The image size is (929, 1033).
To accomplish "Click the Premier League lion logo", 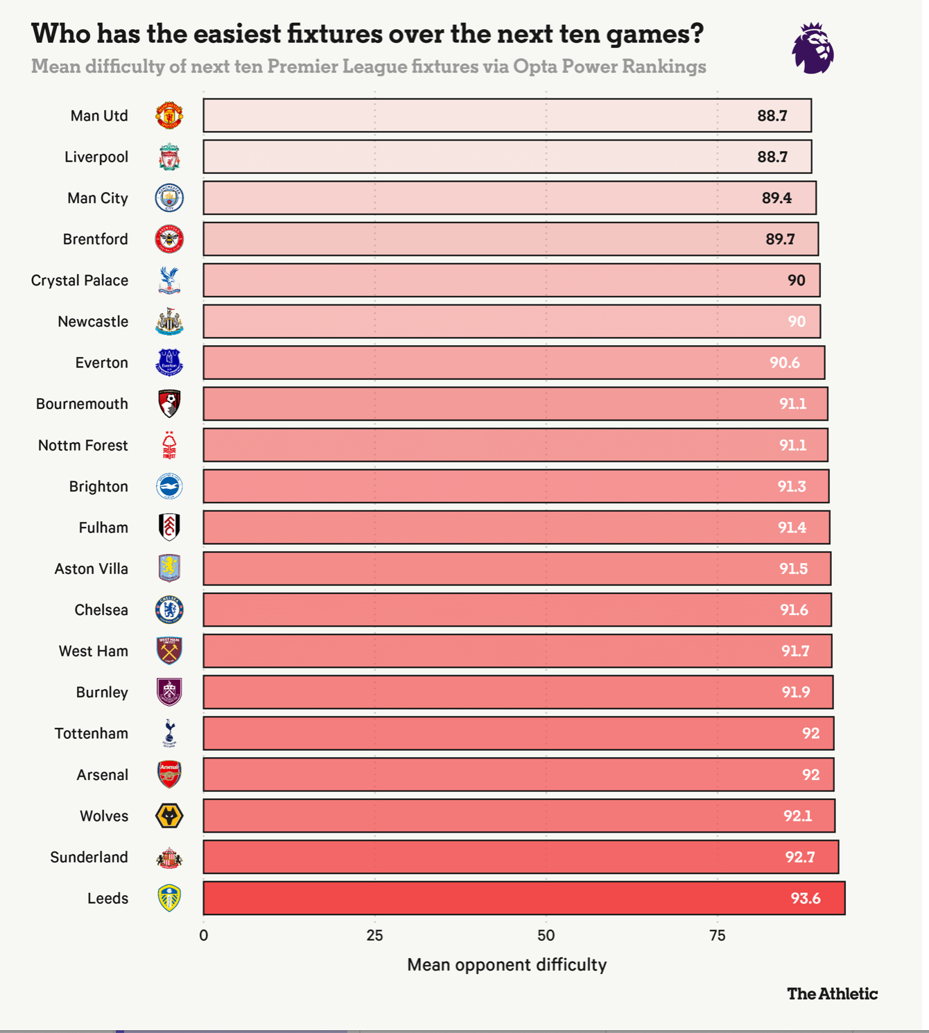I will (x=813, y=48).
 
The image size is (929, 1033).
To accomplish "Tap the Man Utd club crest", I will (x=169, y=116).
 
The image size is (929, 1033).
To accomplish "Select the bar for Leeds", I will (x=523, y=899).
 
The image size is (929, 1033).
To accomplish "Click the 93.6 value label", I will (x=805, y=899).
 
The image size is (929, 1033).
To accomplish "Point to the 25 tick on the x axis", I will (x=374, y=935).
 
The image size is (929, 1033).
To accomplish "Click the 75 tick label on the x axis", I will (x=718, y=935).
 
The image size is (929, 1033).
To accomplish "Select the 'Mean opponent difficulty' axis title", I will (x=507, y=964).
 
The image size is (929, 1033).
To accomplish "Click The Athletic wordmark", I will (x=832, y=993).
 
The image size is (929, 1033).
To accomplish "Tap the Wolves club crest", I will (x=169, y=816).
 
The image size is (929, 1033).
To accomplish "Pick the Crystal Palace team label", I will (x=80, y=280).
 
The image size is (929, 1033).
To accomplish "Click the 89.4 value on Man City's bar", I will (x=776, y=198).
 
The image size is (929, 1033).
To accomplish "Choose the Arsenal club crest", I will (x=169, y=774).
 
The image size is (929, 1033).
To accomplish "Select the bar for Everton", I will (x=513, y=363).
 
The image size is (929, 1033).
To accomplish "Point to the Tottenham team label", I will (x=92, y=733).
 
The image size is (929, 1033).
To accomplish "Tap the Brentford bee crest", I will (x=169, y=239).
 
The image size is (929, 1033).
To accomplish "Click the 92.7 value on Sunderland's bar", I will (x=799, y=858).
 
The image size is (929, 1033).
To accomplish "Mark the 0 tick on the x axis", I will (x=203, y=935).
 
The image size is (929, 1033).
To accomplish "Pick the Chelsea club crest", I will (x=169, y=610).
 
